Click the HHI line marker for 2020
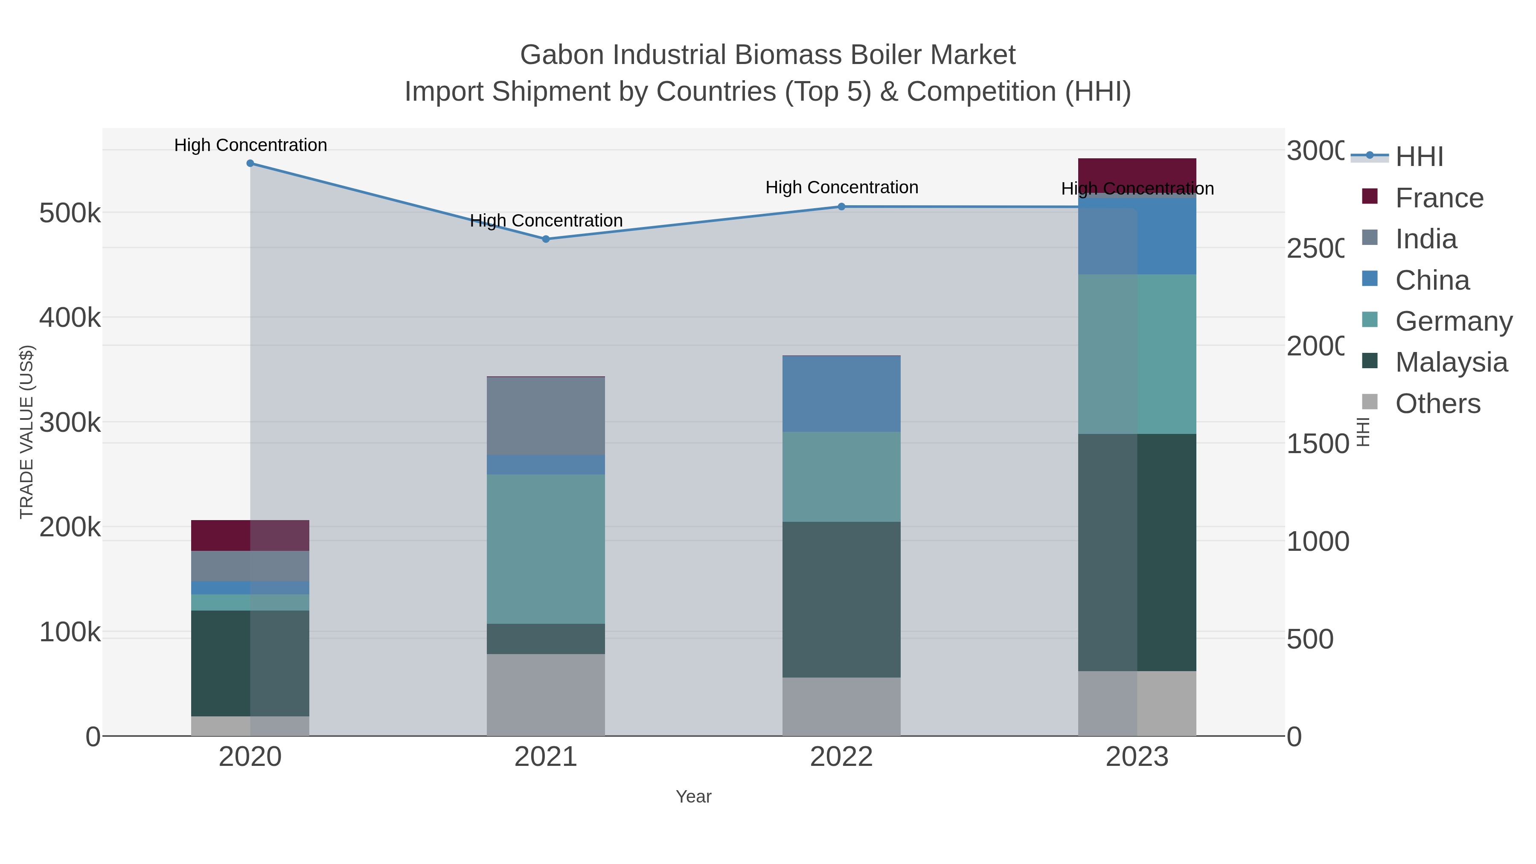(x=250, y=163)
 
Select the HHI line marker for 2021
(x=546, y=239)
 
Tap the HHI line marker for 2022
(x=841, y=207)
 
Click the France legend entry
(x=1438, y=198)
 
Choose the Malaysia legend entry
(x=1450, y=362)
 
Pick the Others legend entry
(x=1437, y=404)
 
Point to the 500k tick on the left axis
(x=70, y=213)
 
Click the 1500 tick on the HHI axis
(x=1317, y=444)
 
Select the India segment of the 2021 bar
(x=546, y=416)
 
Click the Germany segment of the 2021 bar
(x=546, y=549)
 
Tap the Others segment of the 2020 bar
(x=250, y=726)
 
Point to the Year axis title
(x=693, y=797)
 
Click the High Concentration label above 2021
(x=546, y=221)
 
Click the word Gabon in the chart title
(x=561, y=55)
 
